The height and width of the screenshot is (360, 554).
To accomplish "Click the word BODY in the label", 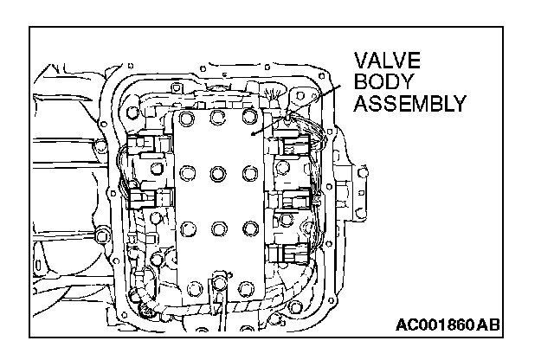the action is pos(380,83).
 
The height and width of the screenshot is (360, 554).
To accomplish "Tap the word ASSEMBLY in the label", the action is pos(410,105).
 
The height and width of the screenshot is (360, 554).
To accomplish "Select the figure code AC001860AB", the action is pos(448,325).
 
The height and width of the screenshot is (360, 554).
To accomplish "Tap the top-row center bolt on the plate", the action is pos(216,117).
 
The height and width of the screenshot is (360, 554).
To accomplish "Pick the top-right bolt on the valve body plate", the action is pos(250,117).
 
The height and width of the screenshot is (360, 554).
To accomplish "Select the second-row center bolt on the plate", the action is pos(217,173).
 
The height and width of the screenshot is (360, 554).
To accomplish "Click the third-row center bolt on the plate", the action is pos(217,228).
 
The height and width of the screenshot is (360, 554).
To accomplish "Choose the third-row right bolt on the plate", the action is pos(250,228).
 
